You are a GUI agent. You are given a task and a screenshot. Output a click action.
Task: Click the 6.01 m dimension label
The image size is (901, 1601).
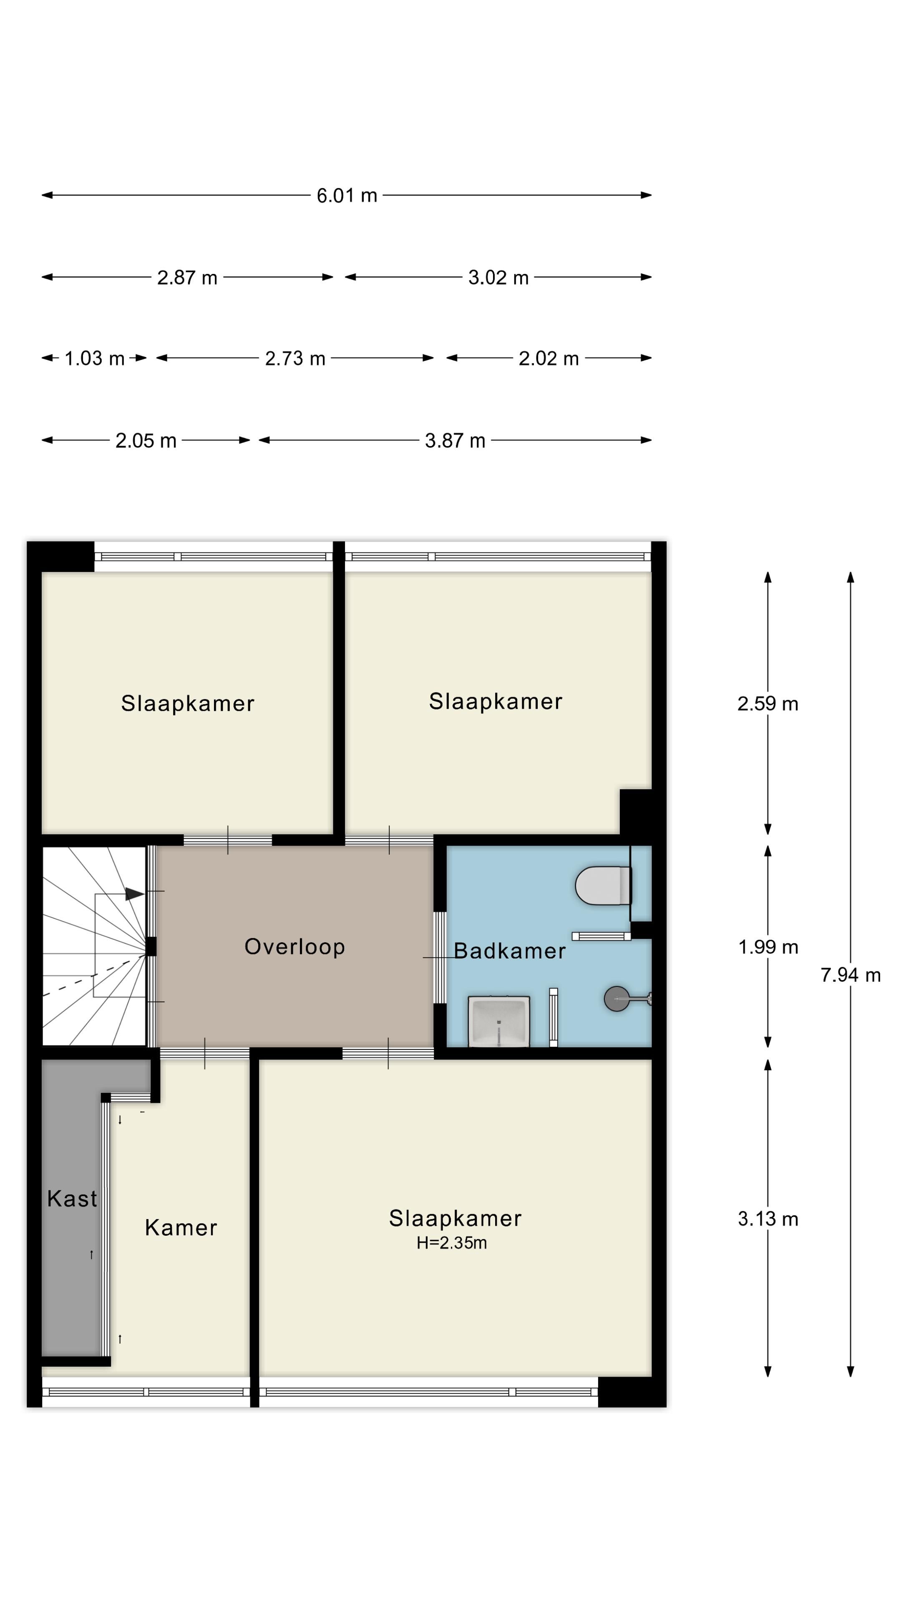pos(346,196)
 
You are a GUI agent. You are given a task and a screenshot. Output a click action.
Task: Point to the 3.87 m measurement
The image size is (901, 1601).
pos(455,441)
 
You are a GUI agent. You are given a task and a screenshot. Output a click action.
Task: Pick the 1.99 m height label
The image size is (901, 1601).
pos(768,947)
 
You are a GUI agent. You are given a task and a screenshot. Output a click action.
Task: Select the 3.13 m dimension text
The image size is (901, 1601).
pos(768,1219)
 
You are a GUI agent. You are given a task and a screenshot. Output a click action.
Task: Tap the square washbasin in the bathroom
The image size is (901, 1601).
pos(499,1021)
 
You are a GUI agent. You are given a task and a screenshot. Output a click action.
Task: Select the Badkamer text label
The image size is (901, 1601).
pos(509,951)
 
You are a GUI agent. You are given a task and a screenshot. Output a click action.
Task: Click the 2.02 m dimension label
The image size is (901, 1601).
pos(549,359)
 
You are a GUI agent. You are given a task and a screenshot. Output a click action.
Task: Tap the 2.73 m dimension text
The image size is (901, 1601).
pos(295,359)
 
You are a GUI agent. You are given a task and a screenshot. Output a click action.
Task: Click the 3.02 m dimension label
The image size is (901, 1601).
pos(498,277)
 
